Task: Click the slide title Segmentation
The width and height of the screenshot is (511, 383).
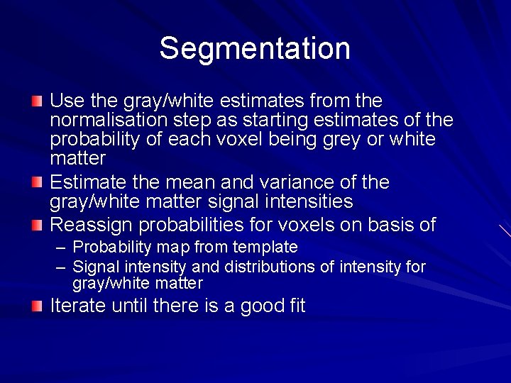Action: [x=255, y=49]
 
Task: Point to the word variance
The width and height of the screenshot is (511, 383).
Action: [x=284, y=182]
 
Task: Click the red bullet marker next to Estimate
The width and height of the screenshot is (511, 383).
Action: [x=37, y=183]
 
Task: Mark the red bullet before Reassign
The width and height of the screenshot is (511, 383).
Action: [x=37, y=225]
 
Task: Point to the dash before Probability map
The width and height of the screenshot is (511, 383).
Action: [x=61, y=248]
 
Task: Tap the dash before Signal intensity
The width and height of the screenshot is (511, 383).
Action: [x=61, y=267]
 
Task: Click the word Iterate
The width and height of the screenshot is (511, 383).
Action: [x=77, y=306]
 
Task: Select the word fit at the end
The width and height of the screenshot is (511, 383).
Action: [x=294, y=306]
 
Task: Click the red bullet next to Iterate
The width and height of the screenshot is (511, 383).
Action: [x=37, y=306]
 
